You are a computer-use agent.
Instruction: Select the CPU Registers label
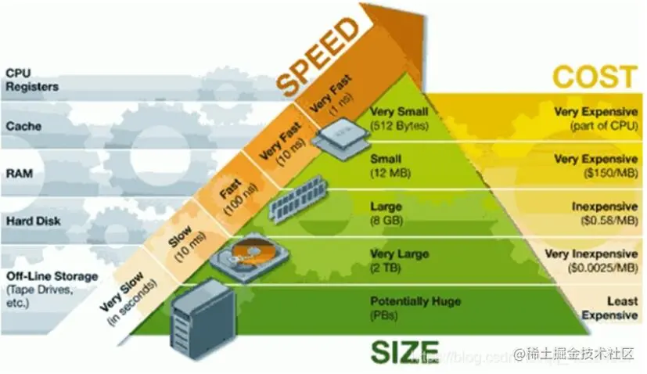27,80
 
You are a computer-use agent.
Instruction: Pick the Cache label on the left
23,125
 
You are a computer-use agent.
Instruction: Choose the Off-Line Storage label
52,276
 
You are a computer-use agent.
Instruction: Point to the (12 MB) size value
387,171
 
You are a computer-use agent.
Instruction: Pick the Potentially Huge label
414,301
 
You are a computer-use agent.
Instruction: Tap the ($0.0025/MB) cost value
593,268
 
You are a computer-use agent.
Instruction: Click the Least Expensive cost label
610,308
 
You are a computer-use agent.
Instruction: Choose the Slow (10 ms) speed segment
181,243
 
